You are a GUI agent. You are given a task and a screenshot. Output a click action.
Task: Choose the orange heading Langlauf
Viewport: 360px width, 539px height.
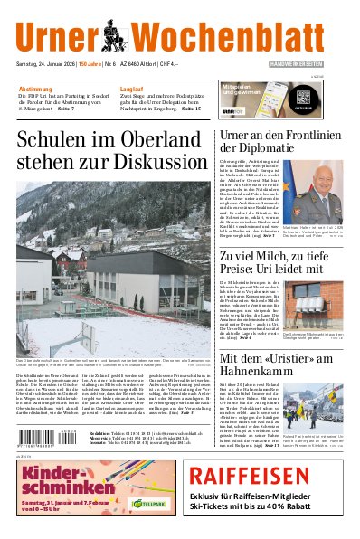coord(132,90)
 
